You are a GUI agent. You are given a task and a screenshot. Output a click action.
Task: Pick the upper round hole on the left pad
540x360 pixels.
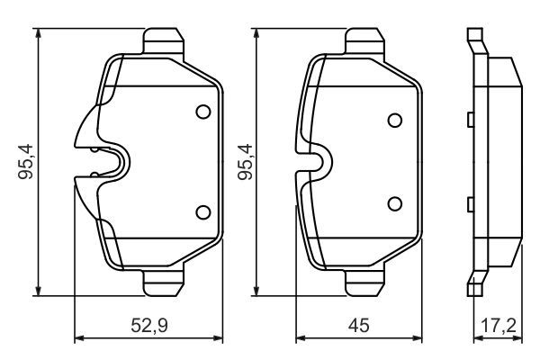click(x=202, y=112)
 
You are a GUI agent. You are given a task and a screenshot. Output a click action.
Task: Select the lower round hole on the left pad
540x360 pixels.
click(x=202, y=212)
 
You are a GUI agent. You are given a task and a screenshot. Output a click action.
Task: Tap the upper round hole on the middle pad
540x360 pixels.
click(x=394, y=121)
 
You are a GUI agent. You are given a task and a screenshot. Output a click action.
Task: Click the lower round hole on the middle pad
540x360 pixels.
click(x=394, y=202)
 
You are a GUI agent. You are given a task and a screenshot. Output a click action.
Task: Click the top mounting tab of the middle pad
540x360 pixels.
click(x=364, y=40)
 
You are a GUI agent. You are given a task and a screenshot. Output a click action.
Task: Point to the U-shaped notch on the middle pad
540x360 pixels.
click(x=317, y=162)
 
